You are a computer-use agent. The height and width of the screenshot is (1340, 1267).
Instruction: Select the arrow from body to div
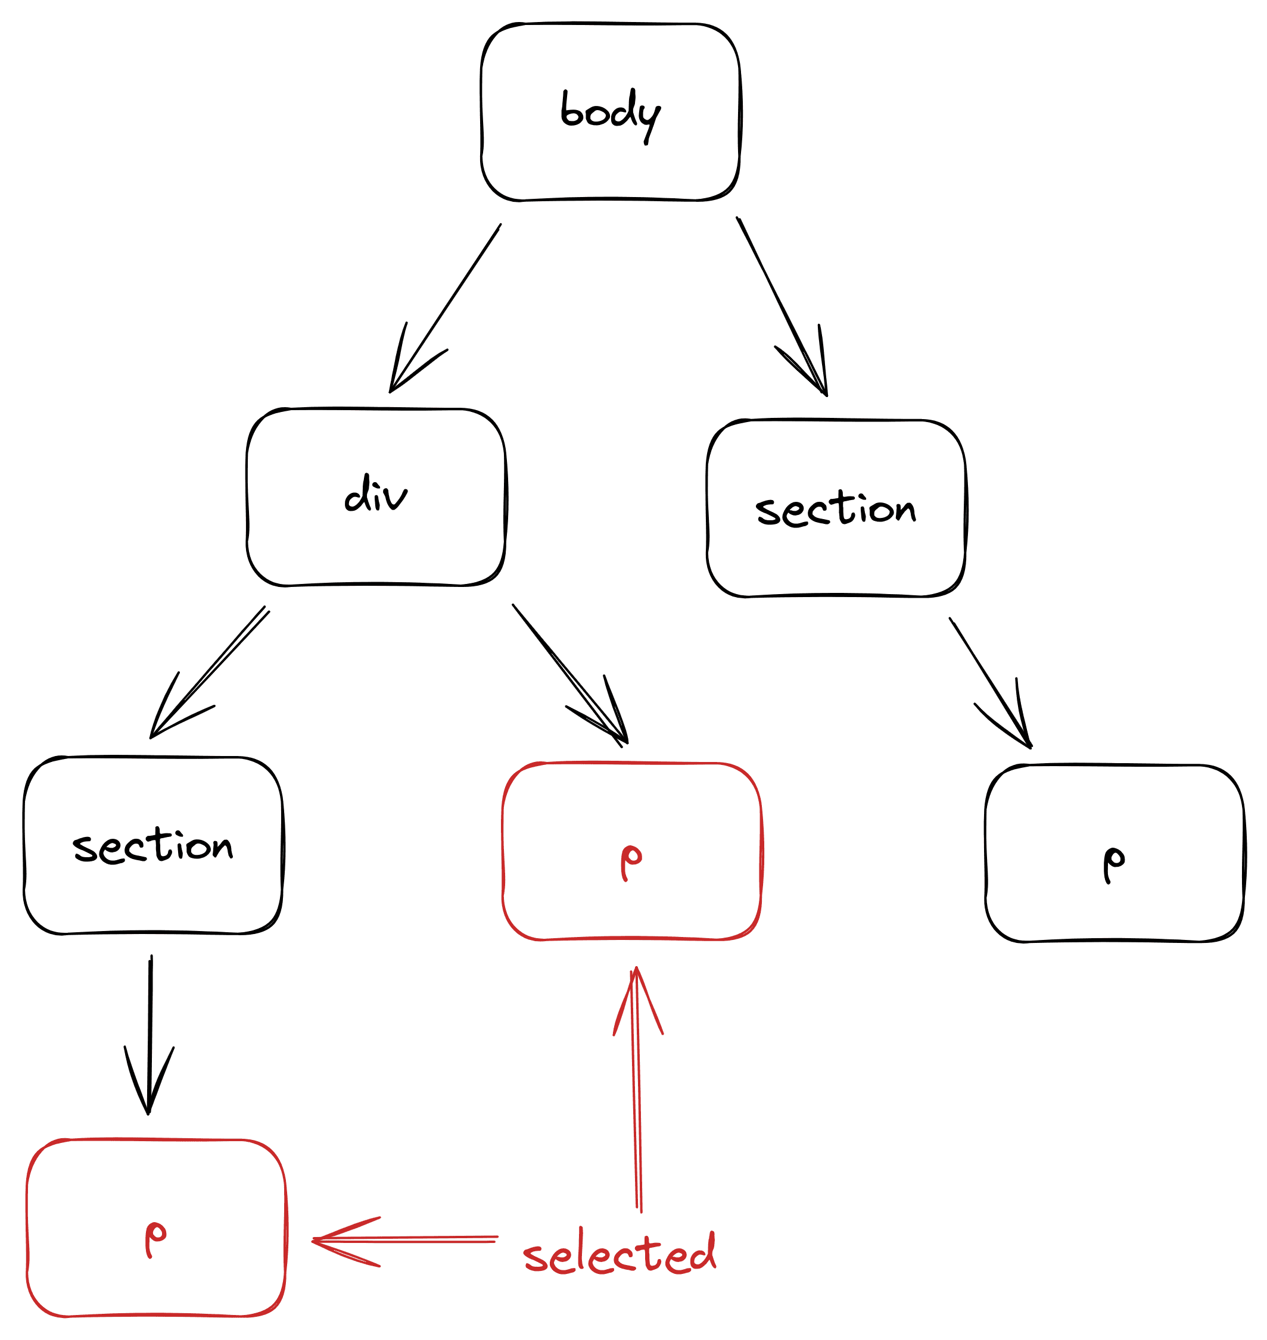(446, 308)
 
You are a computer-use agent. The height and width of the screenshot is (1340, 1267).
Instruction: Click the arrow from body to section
(782, 307)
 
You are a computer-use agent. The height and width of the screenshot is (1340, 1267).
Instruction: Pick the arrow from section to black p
(990, 682)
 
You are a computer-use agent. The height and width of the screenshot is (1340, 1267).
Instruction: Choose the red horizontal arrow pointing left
(405, 1239)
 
